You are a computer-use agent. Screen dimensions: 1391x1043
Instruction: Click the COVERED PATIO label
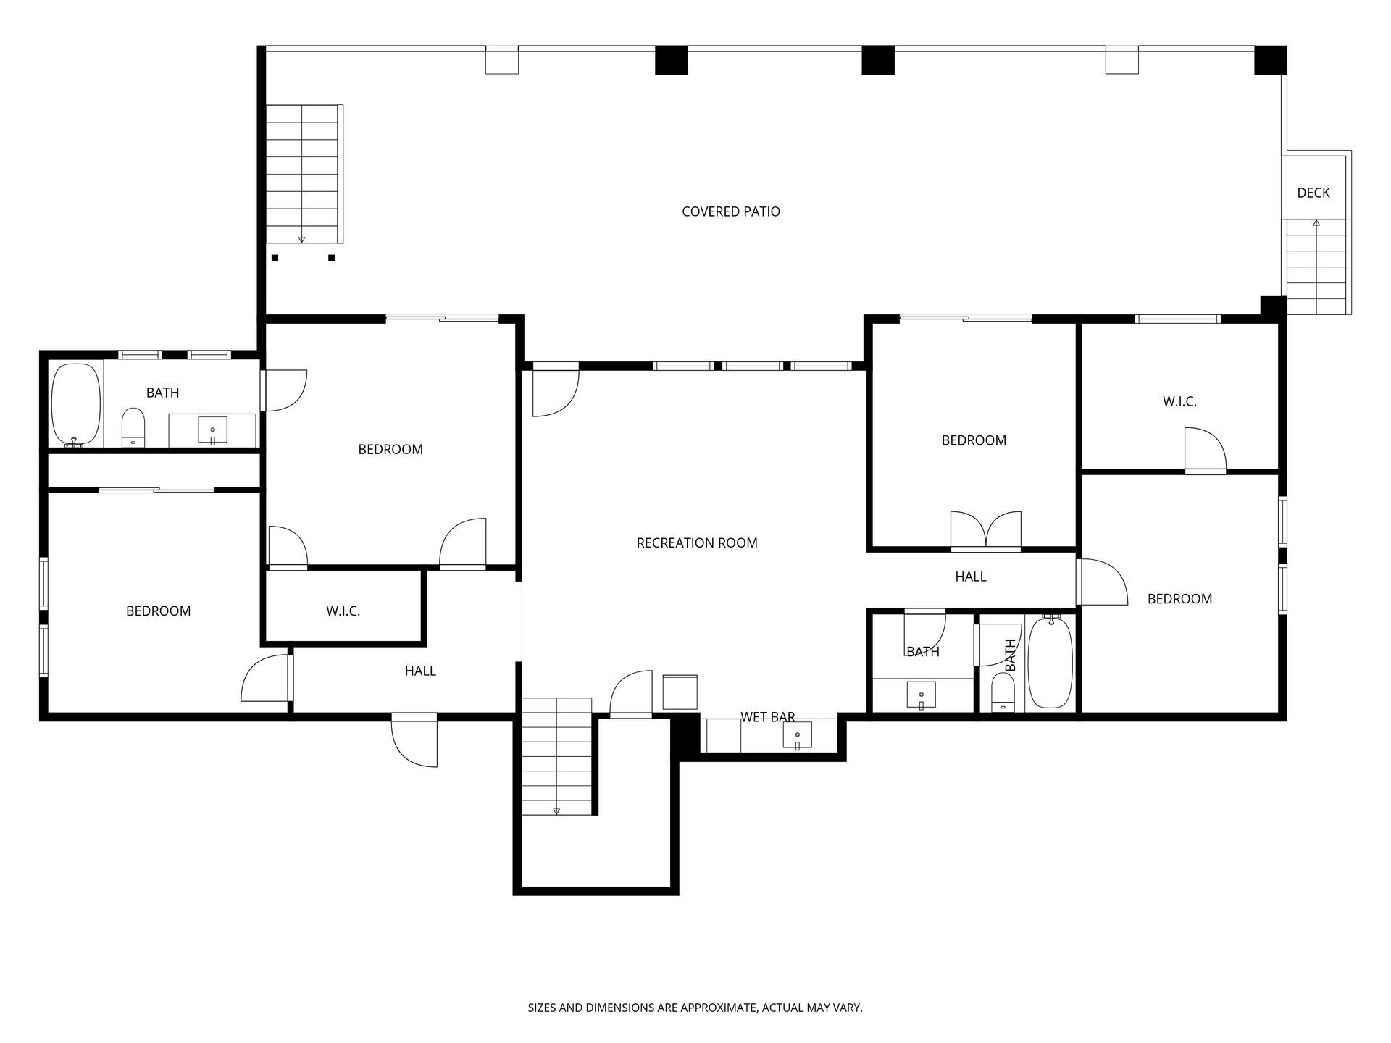[731, 211]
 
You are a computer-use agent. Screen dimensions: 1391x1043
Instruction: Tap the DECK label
[1313, 193]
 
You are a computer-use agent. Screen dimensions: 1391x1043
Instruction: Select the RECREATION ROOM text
[697, 543]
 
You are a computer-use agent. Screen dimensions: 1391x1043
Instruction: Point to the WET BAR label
[768, 717]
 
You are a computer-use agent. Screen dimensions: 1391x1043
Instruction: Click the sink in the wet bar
[797, 735]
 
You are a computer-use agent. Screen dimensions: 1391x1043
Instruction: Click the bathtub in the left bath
[75, 405]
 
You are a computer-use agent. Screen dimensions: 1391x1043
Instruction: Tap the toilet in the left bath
[133, 428]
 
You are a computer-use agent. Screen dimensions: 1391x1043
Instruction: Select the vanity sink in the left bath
[212, 430]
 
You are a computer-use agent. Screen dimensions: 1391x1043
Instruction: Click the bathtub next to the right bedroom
[1050, 661]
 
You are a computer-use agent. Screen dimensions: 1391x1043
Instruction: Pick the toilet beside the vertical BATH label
[1003, 692]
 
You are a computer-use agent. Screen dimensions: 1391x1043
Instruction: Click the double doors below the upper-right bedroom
[985, 531]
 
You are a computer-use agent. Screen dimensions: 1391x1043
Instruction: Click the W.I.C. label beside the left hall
[343, 611]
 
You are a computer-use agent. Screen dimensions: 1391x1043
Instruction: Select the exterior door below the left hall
[414, 740]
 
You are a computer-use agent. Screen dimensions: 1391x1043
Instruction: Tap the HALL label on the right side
[971, 577]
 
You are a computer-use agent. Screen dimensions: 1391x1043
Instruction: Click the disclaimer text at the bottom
[695, 1008]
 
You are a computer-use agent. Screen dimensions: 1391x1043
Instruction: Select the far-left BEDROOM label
[158, 611]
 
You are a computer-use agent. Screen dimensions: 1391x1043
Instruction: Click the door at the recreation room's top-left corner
[556, 393]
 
